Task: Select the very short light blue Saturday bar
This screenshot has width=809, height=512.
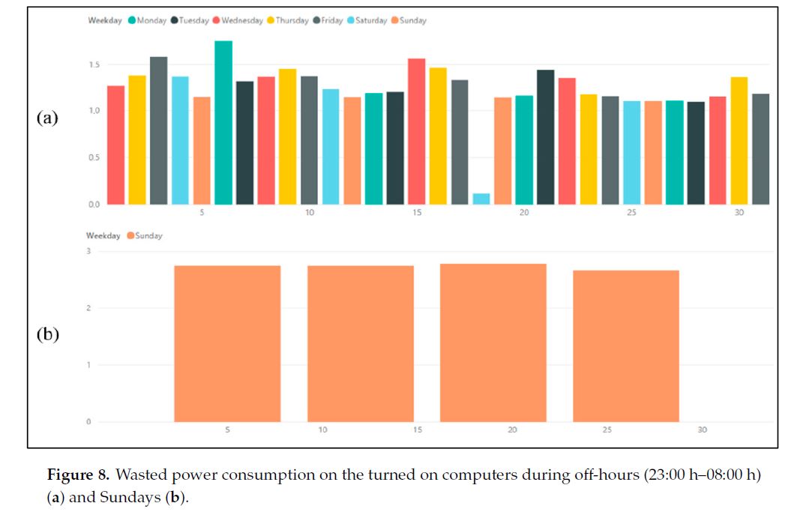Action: [x=481, y=199]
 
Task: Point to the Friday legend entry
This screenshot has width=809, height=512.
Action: [x=328, y=21]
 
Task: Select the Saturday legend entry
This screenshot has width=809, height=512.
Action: [x=367, y=21]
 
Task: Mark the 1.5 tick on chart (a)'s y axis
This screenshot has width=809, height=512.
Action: [x=93, y=65]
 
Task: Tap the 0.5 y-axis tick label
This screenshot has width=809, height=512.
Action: [x=93, y=157]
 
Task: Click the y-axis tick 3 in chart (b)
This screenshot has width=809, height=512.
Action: [x=88, y=251]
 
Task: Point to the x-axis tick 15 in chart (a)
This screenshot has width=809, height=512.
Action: [x=417, y=213]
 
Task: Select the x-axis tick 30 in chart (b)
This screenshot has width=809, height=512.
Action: [x=702, y=430]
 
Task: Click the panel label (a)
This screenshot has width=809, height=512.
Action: [x=47, y=117]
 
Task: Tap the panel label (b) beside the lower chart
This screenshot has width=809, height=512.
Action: [x=47, y=334]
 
